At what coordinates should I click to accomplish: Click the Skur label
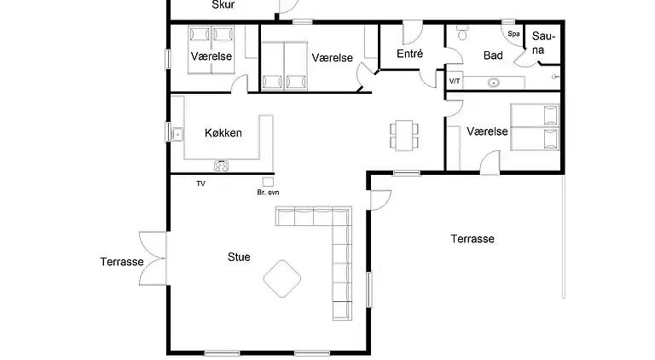click(223, 5)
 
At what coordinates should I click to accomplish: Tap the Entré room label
click(411, 53)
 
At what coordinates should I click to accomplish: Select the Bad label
click(493, 56)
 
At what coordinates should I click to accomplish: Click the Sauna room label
click(543, 43)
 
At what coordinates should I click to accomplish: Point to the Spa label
click(513, 34)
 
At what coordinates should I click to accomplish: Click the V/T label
click(455, 81)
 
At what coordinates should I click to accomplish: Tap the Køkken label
click(223, 133)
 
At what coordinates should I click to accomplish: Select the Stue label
click(239, 257)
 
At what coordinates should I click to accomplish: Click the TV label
click(201, 183)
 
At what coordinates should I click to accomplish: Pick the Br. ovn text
click(268, 193)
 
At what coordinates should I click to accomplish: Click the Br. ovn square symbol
click(268, 181)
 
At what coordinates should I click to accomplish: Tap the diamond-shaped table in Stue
click(282, 278)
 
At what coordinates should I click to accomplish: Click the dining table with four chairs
click(404, 133)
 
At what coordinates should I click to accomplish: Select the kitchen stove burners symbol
click(222, 166)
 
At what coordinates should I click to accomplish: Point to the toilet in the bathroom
click(462, 35)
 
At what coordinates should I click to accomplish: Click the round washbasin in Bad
click(493, 84)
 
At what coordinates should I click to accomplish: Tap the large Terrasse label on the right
click(472, 239)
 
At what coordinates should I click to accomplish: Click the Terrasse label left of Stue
click(122, 262)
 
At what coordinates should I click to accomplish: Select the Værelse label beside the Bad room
click(488, 131)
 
